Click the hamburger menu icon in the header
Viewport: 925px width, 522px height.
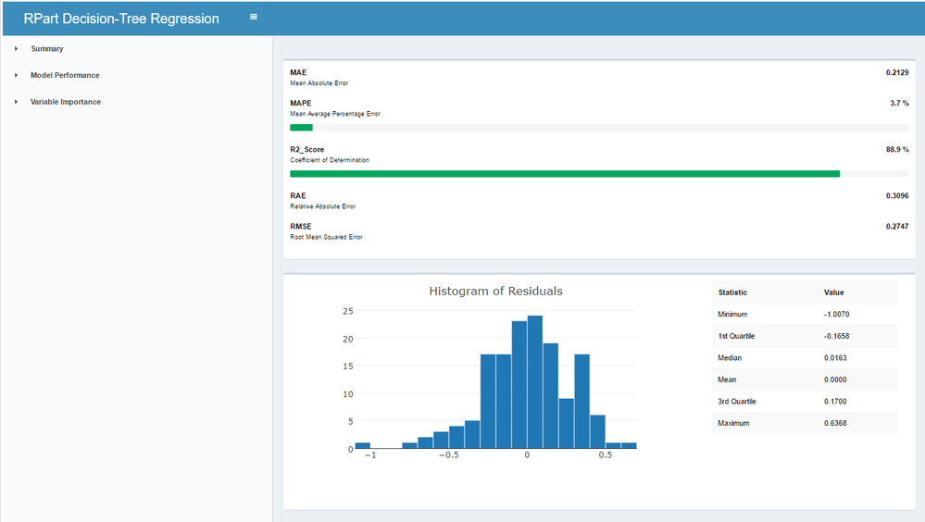254,17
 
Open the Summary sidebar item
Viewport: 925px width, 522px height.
47,49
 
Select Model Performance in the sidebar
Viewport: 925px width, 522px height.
65,76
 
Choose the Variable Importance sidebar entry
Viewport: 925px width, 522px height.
66,102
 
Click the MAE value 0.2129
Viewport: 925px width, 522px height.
897,72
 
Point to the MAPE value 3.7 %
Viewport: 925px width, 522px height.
900,104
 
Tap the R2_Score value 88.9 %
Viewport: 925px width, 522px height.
897,150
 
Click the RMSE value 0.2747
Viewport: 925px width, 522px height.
897,227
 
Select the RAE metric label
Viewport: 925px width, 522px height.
298,196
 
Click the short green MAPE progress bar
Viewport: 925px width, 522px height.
302,128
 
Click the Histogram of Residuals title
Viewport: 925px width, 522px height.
495,291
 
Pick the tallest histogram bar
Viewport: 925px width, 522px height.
535,382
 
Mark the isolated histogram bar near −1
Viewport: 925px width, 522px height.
362,446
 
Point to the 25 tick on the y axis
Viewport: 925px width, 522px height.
348,311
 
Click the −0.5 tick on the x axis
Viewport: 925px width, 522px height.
449,455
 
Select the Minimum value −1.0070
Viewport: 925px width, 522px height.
836,315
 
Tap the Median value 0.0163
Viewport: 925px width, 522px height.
835,358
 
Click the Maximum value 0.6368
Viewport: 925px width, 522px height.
835,424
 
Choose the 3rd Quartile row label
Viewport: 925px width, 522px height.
737,402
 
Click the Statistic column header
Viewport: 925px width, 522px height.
732,292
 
